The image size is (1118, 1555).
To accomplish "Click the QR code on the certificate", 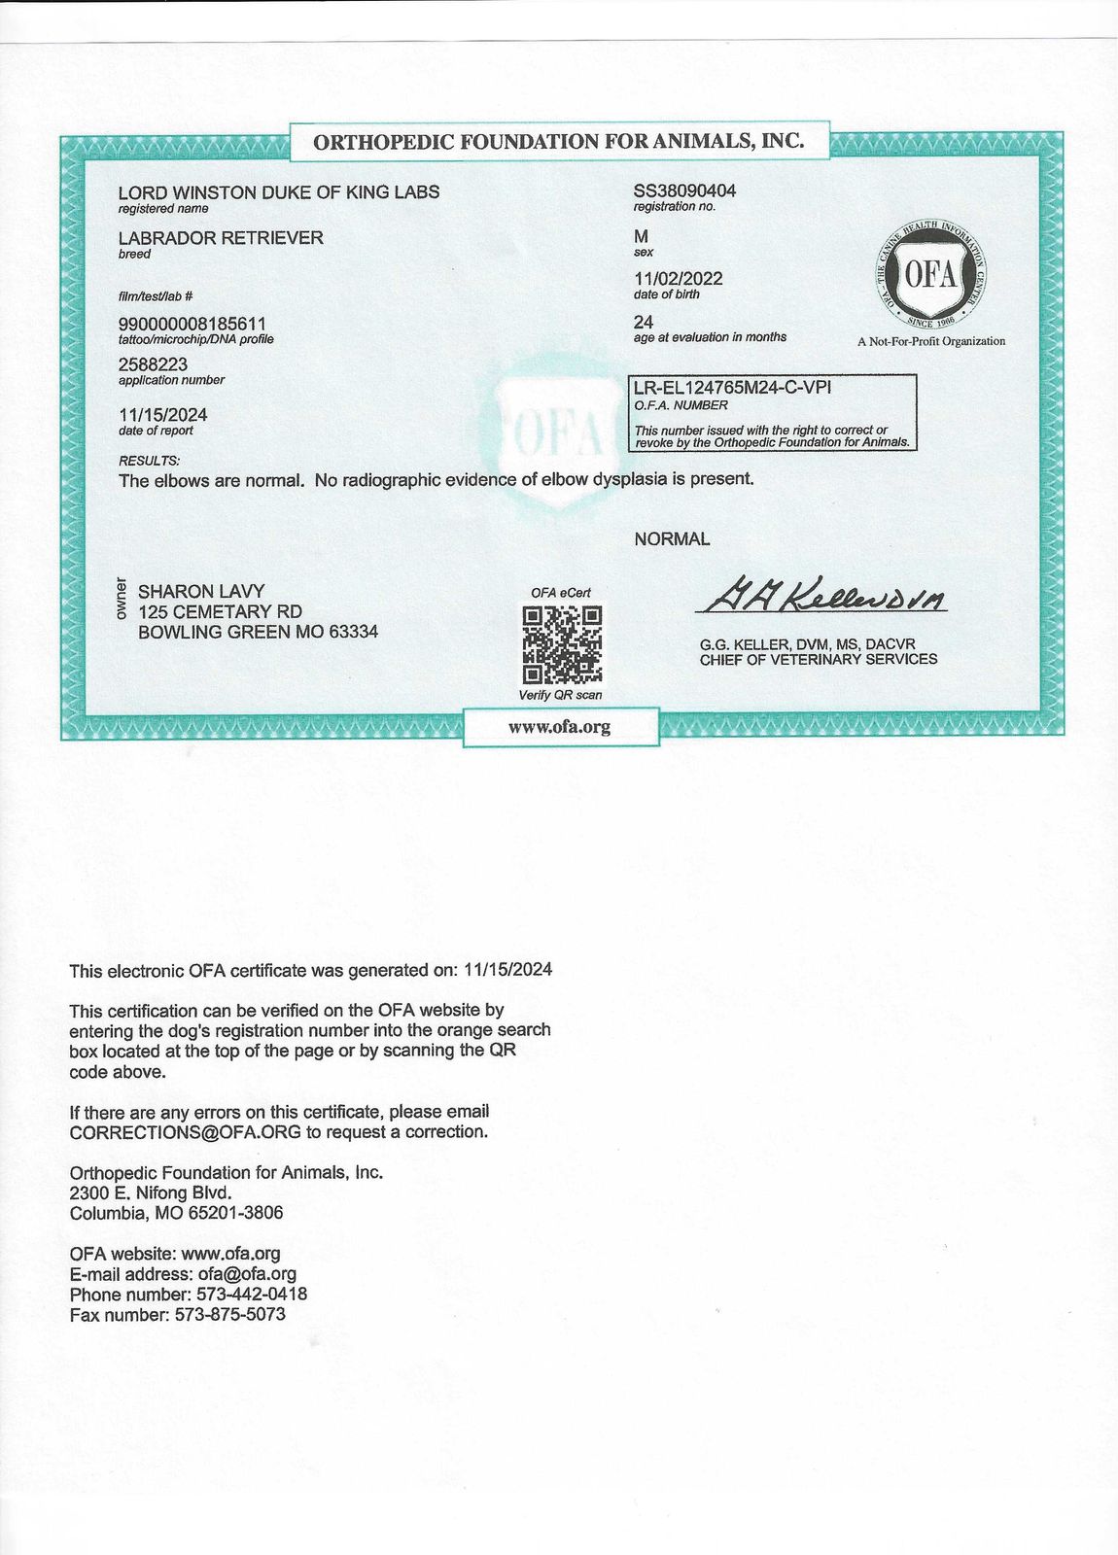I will [x=562, y=644].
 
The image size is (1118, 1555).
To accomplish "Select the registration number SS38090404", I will [x=684, y=190].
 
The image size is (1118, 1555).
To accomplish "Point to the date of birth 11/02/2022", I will [x=678, y=279].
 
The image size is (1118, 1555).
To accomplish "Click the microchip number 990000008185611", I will [x=192, y=324].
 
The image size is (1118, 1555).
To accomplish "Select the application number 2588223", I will [x=153, y=364].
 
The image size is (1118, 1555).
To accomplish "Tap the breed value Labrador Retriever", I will [x=221, y=238].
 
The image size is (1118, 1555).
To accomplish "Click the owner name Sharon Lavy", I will [x=201, y=591].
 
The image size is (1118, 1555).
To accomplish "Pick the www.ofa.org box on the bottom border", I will [x=560, y=727].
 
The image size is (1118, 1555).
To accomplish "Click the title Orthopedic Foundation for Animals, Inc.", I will [x=559, y=141].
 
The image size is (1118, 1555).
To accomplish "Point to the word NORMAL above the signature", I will [x=672, y=538].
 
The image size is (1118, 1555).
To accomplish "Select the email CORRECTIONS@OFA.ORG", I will [x=185, y=1132].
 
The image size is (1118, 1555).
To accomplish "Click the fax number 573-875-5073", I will [x=229, y=1315].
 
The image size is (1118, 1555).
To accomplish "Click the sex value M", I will [x=641, y=236].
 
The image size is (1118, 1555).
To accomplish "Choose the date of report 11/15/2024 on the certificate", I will [x=162, y=415].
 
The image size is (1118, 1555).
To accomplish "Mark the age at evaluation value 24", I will [x=643, y=322].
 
